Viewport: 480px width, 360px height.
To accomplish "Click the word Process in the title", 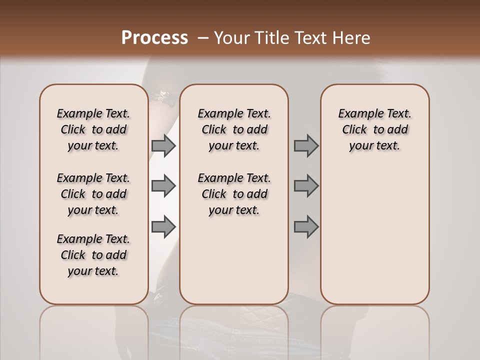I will (x=154, y=38).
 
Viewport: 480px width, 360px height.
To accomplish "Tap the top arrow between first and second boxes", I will (x=163, y=146).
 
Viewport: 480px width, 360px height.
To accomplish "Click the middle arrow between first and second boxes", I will (x=163, y=186).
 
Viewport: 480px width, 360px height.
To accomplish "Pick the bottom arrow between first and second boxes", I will (x=163, y=226).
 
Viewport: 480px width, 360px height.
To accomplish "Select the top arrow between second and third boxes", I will (x=306, y=146).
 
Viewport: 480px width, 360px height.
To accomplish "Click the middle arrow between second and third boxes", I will (x=306, y=186).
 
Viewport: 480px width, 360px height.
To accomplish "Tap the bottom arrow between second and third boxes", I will (x=306, y=226).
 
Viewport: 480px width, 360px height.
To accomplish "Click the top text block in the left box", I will (x=93, y=129).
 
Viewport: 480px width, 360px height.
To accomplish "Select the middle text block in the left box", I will (x=93, y=194).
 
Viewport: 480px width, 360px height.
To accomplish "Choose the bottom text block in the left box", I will (x=93, y=255).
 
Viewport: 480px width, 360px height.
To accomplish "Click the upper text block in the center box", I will (x=234, y=129).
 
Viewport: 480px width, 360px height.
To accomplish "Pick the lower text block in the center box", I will (x=234, y=194).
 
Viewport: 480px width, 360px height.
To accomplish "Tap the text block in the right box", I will (x=374, y=129).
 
